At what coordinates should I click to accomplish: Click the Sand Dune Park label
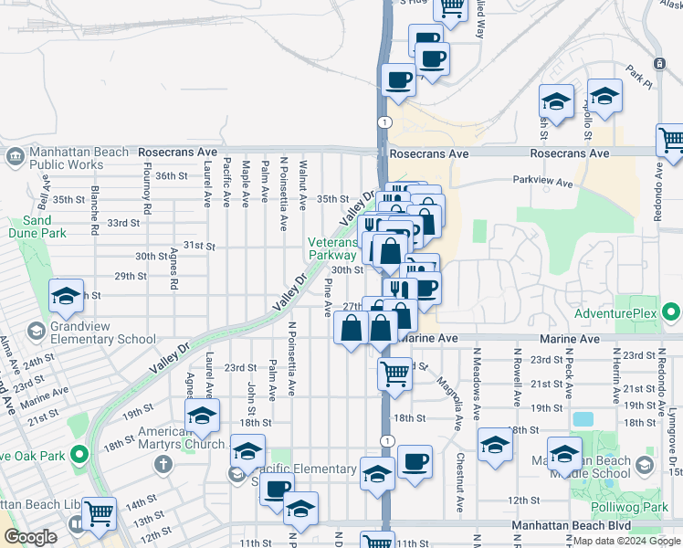click(37, 227)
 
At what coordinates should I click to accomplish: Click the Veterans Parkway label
click(332, 248)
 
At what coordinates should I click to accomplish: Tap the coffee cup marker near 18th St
click(415, 460)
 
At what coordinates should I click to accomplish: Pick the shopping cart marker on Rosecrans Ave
click(671, 141)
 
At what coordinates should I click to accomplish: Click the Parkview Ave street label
click(542, 182)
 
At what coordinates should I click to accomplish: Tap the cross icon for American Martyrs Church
click(163, 463)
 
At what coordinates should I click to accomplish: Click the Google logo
click(30, 537)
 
